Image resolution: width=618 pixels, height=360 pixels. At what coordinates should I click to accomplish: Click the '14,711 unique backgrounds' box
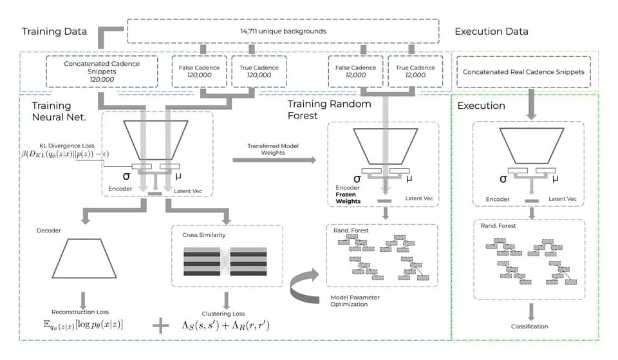click(x=283, y=31)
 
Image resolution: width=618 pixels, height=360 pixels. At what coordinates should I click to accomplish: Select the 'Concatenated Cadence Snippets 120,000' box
click(x=102, y=71)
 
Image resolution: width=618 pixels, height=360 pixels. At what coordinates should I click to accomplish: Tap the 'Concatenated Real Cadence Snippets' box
click(x=523, y=72)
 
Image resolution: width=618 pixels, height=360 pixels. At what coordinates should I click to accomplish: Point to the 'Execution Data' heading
click(x=491, y=31)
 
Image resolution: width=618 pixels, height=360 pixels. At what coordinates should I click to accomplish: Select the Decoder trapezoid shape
click(x=82, y=258)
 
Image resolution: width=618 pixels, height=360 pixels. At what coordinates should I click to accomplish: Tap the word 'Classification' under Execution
click(x=530, y=327)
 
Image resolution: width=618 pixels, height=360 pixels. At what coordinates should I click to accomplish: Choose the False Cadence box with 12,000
click(x=355, y=71)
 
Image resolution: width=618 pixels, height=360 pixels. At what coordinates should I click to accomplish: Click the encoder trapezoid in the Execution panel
click(x=530, y=146)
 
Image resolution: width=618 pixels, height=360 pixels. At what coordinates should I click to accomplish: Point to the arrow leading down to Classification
click(x=530, y=310)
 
